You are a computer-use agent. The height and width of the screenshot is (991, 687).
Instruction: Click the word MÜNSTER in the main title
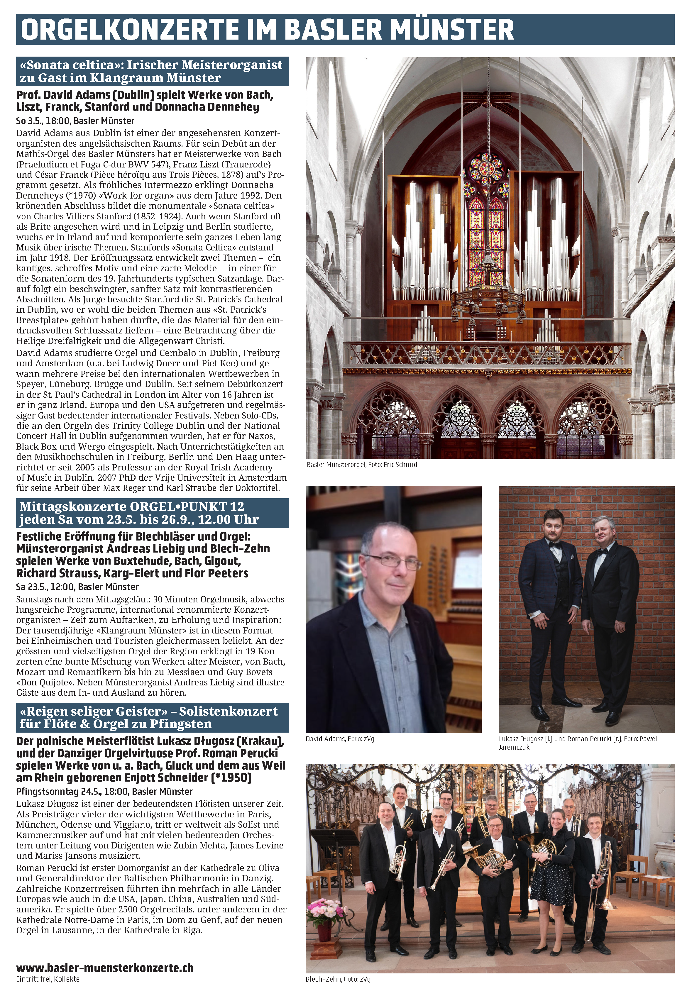click(x=454, y=29)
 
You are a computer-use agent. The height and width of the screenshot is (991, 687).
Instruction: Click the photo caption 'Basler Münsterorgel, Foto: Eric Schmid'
click(x=362, y=465)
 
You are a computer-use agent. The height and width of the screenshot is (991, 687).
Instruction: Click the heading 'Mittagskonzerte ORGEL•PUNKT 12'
click(x=132, y=506)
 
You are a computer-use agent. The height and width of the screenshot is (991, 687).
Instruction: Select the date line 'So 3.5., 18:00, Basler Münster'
click(x=75, y=121)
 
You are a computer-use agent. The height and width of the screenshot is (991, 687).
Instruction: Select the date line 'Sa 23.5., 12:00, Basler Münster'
click(x=77, y=587)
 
